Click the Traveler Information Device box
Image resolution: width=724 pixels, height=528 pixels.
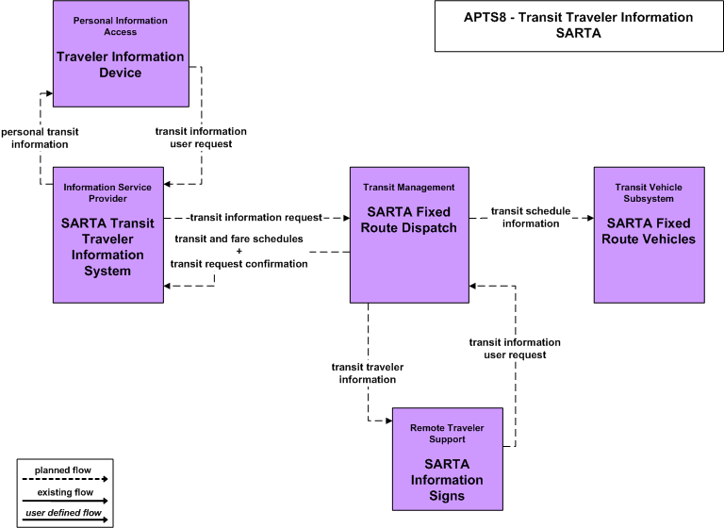[x=121, y=54]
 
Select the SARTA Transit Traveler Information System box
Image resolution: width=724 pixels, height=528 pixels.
[x=108, y=235]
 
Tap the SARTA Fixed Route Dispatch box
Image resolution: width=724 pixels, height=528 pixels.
[x=409, y=235]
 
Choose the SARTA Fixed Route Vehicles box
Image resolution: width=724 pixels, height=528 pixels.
[x=650, y=235]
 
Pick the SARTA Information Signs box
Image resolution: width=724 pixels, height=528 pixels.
[x=448, y=459]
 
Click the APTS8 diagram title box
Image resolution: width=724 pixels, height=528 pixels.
[x=579, y=25]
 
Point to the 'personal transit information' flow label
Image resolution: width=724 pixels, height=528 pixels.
[x=40, y=138]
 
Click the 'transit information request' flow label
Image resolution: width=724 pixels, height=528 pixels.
[x=256, y=217]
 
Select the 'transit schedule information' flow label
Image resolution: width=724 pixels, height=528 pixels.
[x=531, y=217]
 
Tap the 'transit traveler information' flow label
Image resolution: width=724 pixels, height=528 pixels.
[x=368, y=373]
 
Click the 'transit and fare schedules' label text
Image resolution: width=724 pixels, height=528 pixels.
[x=239, y=239]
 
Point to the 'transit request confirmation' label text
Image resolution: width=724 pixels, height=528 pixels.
[x=239, y=264]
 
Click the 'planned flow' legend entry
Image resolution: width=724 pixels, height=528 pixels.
[x=63, y=470]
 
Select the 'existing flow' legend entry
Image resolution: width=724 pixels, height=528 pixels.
[x=65, y=492]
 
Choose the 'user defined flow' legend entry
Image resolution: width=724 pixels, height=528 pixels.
[x=63, y=513]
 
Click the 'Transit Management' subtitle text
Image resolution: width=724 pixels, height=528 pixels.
[x=408, y=187]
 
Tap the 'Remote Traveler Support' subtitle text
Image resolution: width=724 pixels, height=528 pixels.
[x=447, y=434]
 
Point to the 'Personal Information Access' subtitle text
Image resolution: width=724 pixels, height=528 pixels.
[x=121, y=26]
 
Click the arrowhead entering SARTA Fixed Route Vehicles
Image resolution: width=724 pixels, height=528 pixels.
[x=590, y=218]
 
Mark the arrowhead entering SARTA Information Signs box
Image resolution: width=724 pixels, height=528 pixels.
[x=389, y=421]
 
